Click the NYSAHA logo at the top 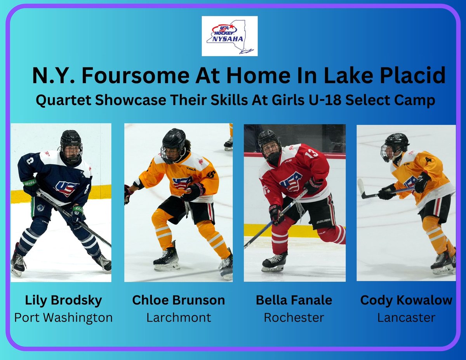tap(230, 36)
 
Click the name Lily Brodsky tap(63, 300)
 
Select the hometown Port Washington tap(63, 318)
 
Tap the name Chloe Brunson tap(179, 300)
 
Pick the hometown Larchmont tap(179, 318)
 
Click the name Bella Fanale tap(294, 300)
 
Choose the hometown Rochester tap(294, 318)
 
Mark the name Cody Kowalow tap(406, 300)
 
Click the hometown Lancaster tap(406, 318)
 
